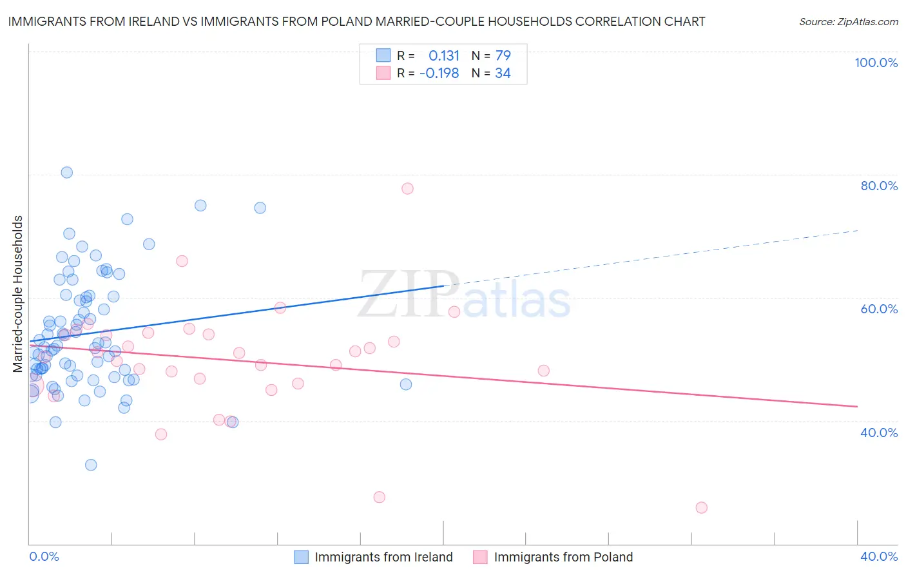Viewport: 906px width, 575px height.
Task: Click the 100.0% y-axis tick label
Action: coord(876,63)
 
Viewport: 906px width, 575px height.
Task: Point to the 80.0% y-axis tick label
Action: coord(879,186)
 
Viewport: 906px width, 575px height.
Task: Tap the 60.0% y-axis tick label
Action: coord(879,309)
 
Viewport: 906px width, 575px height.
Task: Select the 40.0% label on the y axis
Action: coord(879,433)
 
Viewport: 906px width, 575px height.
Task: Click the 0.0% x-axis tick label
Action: coord(44,556)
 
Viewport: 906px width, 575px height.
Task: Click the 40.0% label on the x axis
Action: coord(879,556)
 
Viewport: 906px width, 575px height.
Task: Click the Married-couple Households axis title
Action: coord(18,294)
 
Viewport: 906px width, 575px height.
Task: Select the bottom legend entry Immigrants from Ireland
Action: coord(383,557)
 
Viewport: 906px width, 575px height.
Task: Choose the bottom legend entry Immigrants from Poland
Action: coord(563,557)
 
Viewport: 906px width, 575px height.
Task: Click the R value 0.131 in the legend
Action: coord(444,55)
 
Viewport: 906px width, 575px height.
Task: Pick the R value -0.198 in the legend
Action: coord(439,73)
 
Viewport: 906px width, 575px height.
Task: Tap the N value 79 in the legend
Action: coord(503,55)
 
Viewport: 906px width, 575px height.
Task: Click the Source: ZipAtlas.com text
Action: coord(848,21)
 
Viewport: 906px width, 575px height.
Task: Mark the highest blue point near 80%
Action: coord(66,172)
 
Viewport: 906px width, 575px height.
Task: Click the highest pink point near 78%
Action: coord(407,188)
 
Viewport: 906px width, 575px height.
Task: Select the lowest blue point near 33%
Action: coord(91,465)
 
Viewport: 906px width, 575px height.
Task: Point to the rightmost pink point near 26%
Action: coord(702,507)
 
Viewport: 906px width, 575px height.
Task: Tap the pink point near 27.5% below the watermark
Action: coord(380,497)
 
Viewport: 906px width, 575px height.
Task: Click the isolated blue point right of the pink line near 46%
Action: coord(406,384)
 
